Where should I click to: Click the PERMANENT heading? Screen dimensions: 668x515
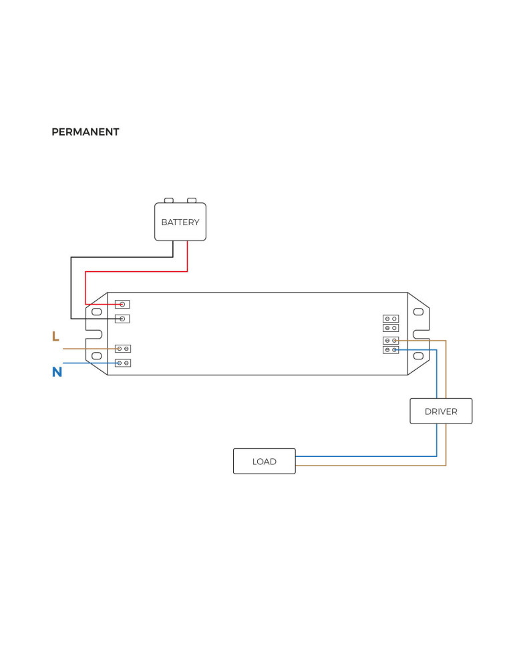[x=85, y=132]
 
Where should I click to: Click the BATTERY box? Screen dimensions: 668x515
[x=180, y=222]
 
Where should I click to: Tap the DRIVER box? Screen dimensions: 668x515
[x=441, y=411]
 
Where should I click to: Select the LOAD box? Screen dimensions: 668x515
[x=264, y=462]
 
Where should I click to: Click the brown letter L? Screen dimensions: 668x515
[x=55, y=337]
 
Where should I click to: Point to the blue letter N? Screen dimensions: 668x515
[x=57, y=373]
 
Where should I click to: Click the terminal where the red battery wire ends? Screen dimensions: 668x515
[x=122, y=305]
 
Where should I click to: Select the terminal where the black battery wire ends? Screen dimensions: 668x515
[x=122, y=319]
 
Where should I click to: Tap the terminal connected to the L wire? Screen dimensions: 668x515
[x=123, y=349]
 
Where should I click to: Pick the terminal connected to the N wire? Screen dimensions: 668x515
[x=123, y=363]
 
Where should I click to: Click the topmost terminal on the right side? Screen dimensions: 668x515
[x=391, y=319]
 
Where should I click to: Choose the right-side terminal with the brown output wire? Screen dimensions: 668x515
[x=391, y=341]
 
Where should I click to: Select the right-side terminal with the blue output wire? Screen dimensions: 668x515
[x=391, y=349]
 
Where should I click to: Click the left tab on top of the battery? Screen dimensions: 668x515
[x=169, y=200]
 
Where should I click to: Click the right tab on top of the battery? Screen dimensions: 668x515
[x=192, y=200]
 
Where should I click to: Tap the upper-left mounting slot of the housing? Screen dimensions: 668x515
[x=96, y=312]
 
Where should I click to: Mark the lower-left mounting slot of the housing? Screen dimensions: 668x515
[x=96, y=356]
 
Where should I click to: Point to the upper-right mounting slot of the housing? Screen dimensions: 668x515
[x=419, y=312]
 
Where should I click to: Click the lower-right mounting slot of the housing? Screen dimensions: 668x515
[x=419, y=356]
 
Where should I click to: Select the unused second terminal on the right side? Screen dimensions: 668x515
[x=391, y=328]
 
